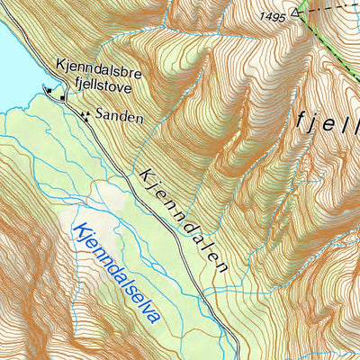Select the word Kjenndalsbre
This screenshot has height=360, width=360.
pyautogui.click(x=94, y=66)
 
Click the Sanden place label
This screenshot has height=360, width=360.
pyautogui.click(x=119, y=117)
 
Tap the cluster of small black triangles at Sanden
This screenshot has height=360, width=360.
pyautogui.click(x=85, y=114)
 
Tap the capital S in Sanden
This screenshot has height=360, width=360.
pyautogui.click(x=100, y=117)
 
